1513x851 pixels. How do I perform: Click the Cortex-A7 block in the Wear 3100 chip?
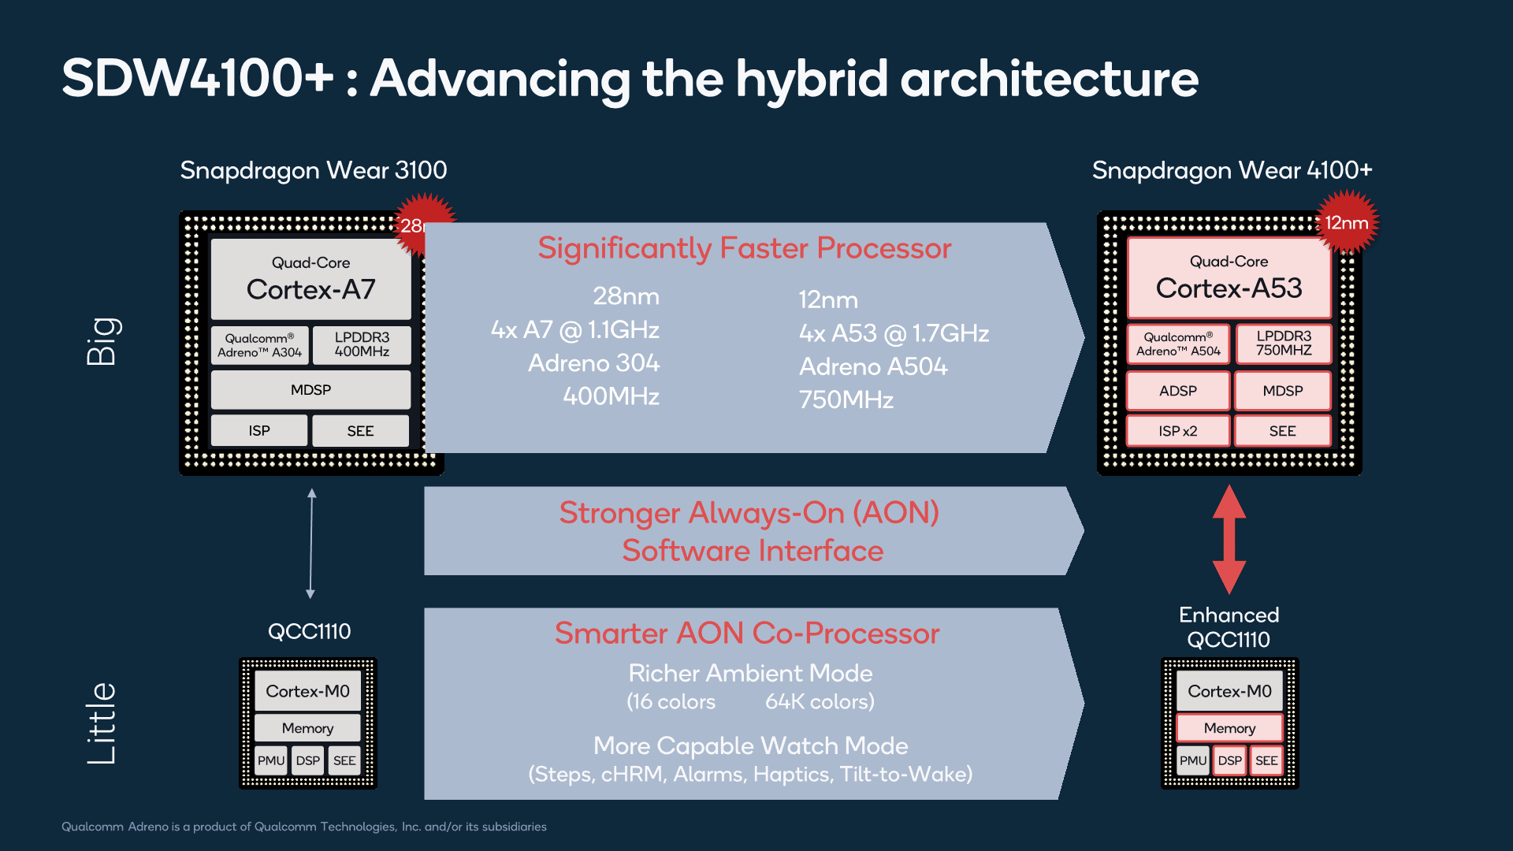click(310, 279)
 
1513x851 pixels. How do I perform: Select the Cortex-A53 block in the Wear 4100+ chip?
click(1229, 278)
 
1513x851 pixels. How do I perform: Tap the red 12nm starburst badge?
click(1347, 223)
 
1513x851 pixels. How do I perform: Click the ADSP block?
click(1177, 391)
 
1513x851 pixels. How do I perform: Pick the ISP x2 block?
click(1177, 431)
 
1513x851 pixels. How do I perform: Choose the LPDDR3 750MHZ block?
click(1283, 344)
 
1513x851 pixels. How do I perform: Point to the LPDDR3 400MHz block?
click(362, 345)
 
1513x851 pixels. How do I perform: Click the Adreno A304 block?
click(259, 345)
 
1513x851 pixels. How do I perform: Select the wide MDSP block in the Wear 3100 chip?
click(310, 390)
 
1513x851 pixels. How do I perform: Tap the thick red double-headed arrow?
click(1229, 539)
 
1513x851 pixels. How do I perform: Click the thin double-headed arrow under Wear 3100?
click(311, 543)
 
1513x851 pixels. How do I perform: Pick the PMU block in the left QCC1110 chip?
click(270, 760)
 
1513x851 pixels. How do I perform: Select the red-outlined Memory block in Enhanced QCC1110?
click(1229, 728)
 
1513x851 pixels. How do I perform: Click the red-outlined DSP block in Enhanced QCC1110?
click(1229, 760)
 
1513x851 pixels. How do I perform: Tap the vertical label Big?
click(102, 341)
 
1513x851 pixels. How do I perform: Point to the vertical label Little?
click(102, 723)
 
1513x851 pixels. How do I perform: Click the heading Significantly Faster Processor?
click(744, 248)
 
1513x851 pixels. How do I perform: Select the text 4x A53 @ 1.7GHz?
click(894, 333)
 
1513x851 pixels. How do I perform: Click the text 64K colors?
click(820, 701)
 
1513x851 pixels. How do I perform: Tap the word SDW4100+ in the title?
click(198, 78)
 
